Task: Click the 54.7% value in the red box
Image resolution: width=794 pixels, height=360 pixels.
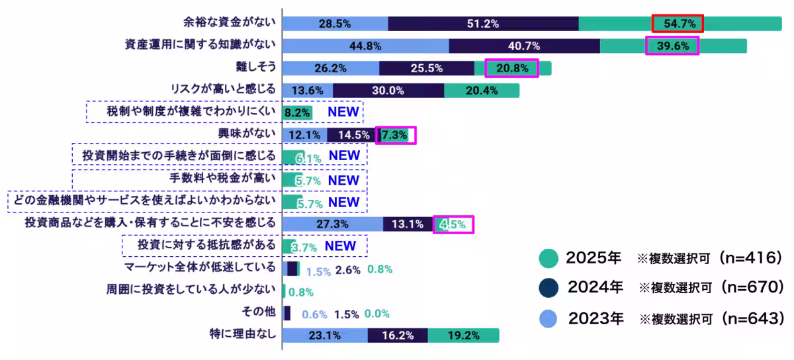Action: coord(677,24)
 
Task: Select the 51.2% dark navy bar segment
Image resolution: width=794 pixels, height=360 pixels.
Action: coord(482,24)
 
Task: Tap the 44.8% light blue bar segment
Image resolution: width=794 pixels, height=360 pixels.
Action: coord(365,46)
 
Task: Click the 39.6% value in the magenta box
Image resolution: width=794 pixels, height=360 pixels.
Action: coord(672,46)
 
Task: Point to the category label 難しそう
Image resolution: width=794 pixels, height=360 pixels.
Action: coord(255,67)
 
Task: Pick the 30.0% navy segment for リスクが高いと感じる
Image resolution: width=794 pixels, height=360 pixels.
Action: coord(388,91)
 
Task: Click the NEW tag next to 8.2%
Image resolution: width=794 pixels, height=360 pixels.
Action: coord(343,112)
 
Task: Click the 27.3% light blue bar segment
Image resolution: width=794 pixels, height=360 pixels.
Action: coord(332,224)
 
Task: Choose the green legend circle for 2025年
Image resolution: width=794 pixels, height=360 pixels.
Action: coord(549,258)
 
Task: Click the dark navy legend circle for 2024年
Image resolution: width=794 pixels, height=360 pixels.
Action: coord(549,288)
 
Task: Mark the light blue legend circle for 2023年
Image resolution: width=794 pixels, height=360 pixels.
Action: coord(549,318)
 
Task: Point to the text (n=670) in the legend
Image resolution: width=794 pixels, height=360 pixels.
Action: coord(752,288)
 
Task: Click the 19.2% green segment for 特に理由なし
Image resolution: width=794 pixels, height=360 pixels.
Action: coord(463,336)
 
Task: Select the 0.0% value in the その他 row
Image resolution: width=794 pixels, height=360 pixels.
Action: coord(377,314)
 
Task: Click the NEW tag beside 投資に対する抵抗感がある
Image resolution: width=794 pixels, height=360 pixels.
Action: coord(340,246)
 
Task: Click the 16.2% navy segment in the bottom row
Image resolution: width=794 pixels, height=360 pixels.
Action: coord(398,336)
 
